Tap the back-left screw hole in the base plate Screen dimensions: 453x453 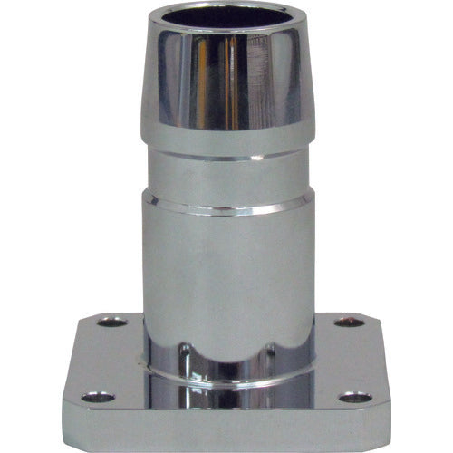click(x=111, y=322)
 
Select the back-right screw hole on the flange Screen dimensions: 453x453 click(x=349, y=323)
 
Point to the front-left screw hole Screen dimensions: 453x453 click(x=97, y=397)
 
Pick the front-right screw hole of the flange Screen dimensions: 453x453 click(x=355, y=397)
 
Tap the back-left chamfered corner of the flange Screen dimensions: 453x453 click(x=87, y=320)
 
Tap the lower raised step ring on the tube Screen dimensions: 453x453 click(x=226, y=207)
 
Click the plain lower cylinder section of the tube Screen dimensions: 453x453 click(x=226, y=272)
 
